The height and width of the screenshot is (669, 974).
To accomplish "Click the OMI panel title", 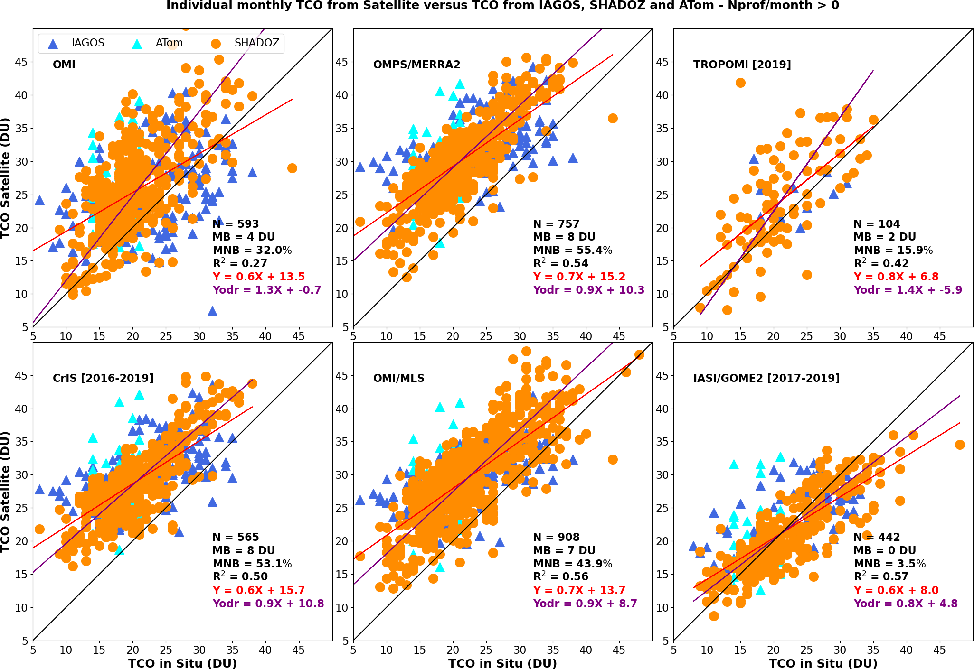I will click(64, 65).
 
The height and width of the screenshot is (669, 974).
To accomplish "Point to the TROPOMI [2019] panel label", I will click(742, 65).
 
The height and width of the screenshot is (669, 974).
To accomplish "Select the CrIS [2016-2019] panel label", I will click(103, 378).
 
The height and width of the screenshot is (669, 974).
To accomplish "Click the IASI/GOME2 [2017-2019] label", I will click(766, 378).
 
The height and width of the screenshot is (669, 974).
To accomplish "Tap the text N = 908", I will click(556, 537).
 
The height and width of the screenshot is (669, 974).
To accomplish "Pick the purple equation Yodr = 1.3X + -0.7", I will click(266, 290).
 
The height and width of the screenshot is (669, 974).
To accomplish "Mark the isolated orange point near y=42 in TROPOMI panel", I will click(740, 83).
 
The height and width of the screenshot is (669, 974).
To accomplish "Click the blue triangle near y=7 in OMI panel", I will click(212, 311).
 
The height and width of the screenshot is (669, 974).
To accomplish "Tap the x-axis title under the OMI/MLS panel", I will click(502, 663).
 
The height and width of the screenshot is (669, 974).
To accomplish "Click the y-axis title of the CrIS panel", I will click(6, 492).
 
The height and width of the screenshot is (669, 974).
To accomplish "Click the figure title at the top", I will click(502, 6).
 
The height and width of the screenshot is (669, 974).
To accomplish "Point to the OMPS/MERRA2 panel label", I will click(416, 65).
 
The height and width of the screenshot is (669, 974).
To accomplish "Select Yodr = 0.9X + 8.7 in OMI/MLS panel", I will click(585, 604).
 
